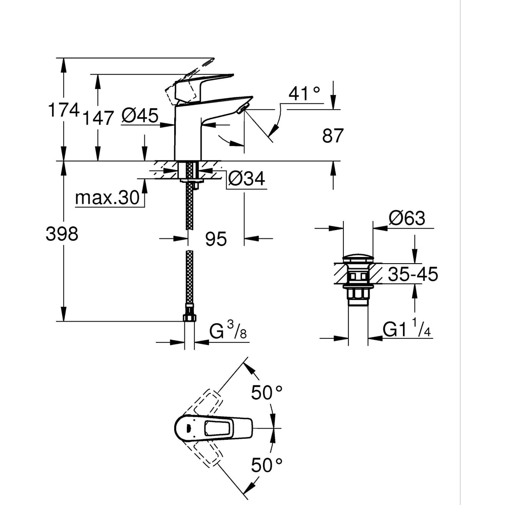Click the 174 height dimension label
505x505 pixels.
tap(63, 110)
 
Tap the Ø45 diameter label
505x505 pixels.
tap(140, 116)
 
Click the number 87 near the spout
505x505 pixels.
tap(333, 135)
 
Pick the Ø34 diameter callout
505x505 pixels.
tap(246, 179)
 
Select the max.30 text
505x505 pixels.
tap(107, 198)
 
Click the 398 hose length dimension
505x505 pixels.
tap(62, 234)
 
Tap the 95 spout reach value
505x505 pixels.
tap(216, 239)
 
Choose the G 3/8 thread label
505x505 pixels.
tap(227, 332)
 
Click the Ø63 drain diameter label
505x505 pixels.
tap(407, 219)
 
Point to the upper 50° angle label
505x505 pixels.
tap(267, 392)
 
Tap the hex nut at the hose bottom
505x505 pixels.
tap(189, 317)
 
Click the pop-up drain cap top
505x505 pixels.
tap(358, 259)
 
